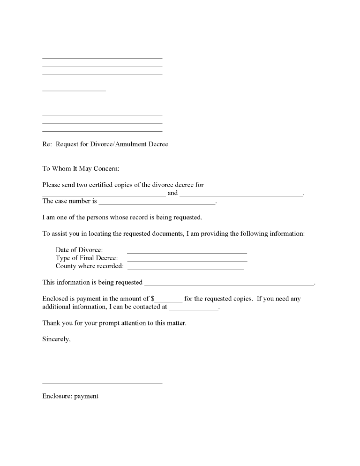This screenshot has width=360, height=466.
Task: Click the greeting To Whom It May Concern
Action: pyautogui.click(x=81, y=168)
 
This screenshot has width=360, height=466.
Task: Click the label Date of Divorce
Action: pyautogui.click(x=79, y=250)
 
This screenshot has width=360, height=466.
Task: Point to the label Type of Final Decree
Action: pyautogui.click(x=87, y=258)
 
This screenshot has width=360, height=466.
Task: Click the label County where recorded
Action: pyautogui.click(x=90, y=266)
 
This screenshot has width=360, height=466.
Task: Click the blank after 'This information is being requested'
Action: pyautogui.click(x=229, y=284)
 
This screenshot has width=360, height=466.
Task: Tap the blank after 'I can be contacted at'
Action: pyautogui.click(x=194, y=309)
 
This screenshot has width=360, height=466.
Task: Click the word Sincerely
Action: pyautogui.click(x=56, y=339)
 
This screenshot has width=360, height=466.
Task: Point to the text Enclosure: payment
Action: pyautogui.click(x=70, y=396)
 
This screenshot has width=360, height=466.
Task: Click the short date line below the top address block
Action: pyautogui.click(x=74, y=90)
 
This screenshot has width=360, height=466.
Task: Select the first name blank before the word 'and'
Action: pyautogui.click(x=104, y=195)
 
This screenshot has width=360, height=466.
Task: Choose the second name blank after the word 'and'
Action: pyautogui.click(x=241, y=195)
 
